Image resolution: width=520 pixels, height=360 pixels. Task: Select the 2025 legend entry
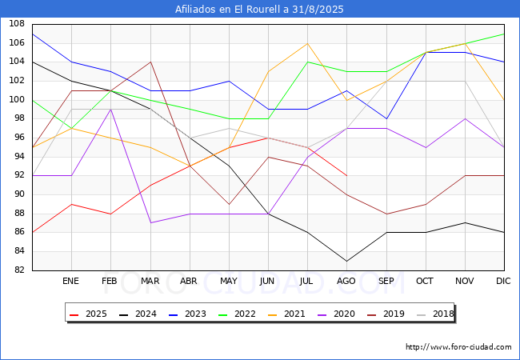pos(88,314)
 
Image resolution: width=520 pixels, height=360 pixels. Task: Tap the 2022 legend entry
pos(237,314)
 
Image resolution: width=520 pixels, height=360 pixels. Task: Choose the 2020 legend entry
pos(336,314)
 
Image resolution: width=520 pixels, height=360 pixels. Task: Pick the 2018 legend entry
pos(435,314)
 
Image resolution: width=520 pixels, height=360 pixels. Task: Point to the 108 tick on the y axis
pos(17,24)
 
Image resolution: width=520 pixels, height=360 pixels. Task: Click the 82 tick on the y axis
pos(19,270)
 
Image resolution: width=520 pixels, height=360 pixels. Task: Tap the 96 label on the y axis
pos(19,138)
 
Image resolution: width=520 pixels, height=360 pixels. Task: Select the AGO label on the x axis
pos(346,281)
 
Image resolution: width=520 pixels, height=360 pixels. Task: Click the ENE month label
pos(70,281)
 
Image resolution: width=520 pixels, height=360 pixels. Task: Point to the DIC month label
pos(503,281)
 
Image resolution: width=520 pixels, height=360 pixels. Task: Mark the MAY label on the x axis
pos(229,281)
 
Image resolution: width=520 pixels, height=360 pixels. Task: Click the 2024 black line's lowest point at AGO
pos(347,262)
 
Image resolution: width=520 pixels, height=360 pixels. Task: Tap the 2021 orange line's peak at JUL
pos(308,43)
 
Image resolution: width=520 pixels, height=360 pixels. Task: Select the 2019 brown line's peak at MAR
pos(150,62)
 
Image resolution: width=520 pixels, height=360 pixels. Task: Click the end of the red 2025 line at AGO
pos(347,176)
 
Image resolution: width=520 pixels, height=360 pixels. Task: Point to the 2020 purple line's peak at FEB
pos(110,110)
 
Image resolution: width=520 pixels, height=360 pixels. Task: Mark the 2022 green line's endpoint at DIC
pos(504,34)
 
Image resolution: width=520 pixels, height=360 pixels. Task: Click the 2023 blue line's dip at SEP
pos(386,118)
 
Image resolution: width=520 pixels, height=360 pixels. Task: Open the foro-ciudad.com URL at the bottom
pos(458,347)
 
